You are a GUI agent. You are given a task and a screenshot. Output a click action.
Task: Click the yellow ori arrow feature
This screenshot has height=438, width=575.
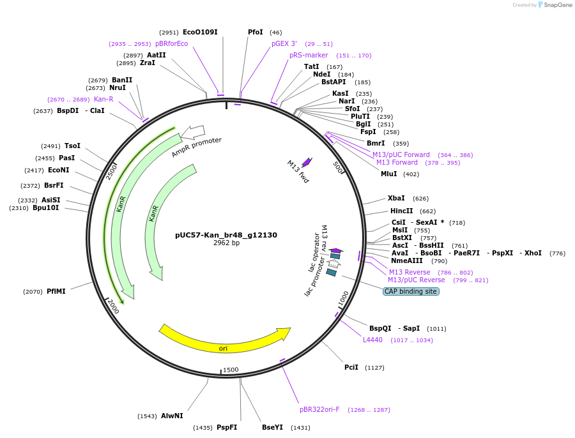(224, 341)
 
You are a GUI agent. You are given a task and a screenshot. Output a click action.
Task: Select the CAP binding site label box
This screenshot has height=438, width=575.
(411, 291)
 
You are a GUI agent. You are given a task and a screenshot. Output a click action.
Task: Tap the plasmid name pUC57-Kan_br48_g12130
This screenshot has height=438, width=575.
(226, 235)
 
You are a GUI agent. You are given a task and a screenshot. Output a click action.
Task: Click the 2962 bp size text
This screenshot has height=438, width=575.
(226, 243)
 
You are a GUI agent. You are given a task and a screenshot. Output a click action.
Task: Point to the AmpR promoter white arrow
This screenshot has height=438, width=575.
(192, 132)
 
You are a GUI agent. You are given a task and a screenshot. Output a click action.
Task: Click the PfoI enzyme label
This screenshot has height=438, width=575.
(256, 32)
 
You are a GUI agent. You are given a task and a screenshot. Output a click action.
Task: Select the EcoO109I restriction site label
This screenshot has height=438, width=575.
(200, 32)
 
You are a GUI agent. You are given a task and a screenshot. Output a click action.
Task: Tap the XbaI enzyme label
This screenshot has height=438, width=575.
(396, 198)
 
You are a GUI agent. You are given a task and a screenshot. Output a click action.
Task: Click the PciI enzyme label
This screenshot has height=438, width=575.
(351, 367)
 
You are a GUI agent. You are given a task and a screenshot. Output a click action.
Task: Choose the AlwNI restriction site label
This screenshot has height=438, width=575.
(172, 416)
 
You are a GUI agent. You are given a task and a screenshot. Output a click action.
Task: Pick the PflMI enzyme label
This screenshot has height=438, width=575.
(56, 291)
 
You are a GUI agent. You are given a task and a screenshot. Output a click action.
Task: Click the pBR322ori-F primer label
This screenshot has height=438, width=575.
(319, 409)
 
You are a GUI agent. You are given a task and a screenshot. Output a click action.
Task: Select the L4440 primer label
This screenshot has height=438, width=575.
(372, 340)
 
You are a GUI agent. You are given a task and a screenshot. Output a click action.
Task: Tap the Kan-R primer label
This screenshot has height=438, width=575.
(103, 99)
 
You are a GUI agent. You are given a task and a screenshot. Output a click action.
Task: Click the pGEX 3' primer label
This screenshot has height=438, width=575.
(284, 43)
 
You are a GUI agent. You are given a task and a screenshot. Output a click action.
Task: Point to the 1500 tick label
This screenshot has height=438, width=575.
(231, 370)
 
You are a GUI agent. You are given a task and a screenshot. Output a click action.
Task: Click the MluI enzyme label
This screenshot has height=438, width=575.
(389, 174)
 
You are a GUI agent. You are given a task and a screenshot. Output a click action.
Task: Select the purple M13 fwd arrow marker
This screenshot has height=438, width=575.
(307, 162)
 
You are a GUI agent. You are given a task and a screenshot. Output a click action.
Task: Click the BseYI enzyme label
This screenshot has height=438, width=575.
(272, 427)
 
